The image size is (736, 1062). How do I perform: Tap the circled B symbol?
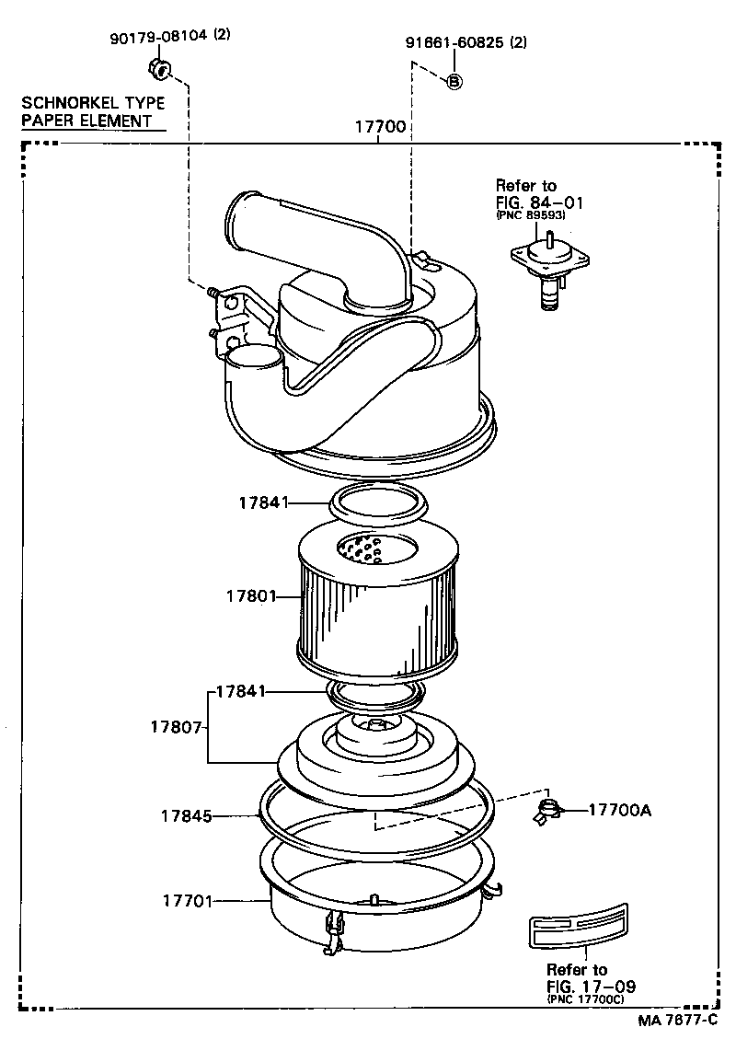[454, 81]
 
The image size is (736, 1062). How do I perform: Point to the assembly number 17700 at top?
[380, 127]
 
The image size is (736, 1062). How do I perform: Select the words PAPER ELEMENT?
[86, 120]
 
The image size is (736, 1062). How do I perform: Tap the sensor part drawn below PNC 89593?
[549, 266]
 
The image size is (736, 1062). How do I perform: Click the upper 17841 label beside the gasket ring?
[264, 502]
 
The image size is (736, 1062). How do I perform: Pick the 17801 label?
[251, 595]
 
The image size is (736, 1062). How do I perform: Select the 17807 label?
[176, 726]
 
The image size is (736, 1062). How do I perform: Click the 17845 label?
[186, 815]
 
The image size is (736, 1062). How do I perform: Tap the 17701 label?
[185, 902]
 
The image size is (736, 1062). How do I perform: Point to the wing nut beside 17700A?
[549, 811]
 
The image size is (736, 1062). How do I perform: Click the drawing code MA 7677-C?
[677, 1022]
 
